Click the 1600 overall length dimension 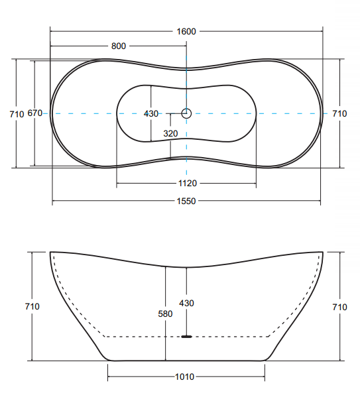(186, 32)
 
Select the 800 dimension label (119, 46)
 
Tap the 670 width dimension (35, 113)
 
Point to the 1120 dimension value (188, 183)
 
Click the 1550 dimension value (186, 201)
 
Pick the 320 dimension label (170, 133)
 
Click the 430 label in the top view (151, 113)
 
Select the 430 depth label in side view (186, 303)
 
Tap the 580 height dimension (165, 313)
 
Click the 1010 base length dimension (184, 376)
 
